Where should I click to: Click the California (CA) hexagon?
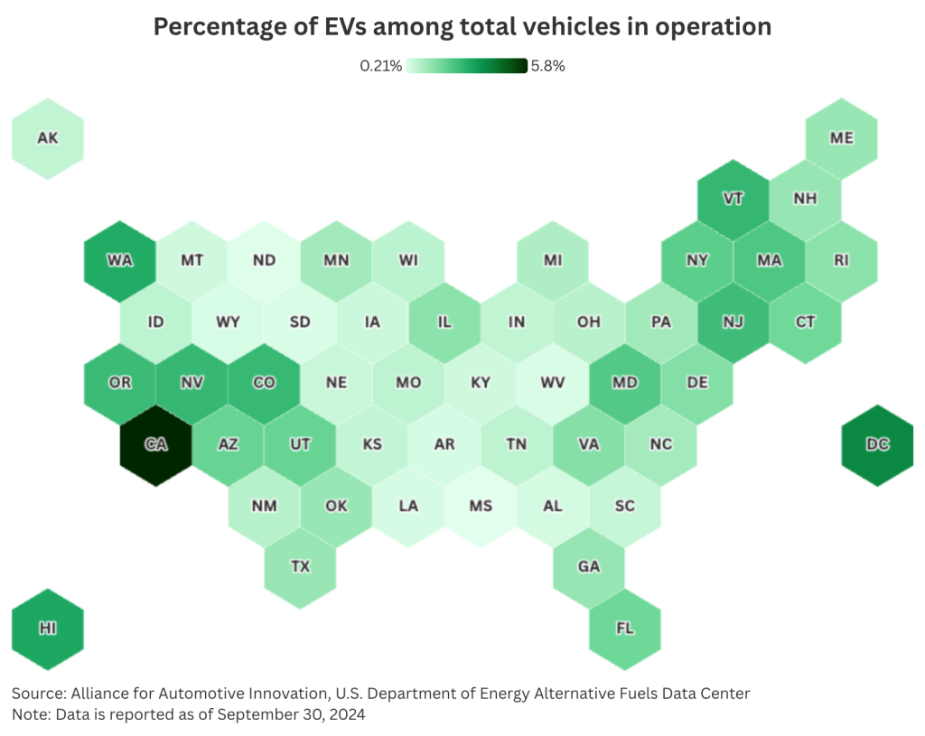pos(155,444)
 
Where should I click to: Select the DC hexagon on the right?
pos(877,444)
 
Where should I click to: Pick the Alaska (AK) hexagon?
pos(47,138)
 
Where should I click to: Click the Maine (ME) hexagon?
pos(841,138)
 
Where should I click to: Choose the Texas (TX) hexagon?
pos(300,567)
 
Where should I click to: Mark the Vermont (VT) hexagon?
pos(733,199)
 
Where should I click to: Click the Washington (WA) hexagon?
pos(119,260)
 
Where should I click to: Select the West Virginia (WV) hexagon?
pos(552,383)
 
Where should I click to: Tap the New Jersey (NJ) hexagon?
pos(733,321)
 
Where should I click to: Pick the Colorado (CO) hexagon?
pos(264,383)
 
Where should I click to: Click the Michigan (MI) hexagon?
pos(552,260)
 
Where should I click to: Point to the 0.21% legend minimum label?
pos(380,66)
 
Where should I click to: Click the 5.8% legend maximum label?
pos(548,66)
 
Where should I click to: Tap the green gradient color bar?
pos(466,66)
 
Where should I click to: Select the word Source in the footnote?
pos(36,694)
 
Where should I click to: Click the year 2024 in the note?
pos(347,713)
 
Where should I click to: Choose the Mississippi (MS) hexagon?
pos(481,506)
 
